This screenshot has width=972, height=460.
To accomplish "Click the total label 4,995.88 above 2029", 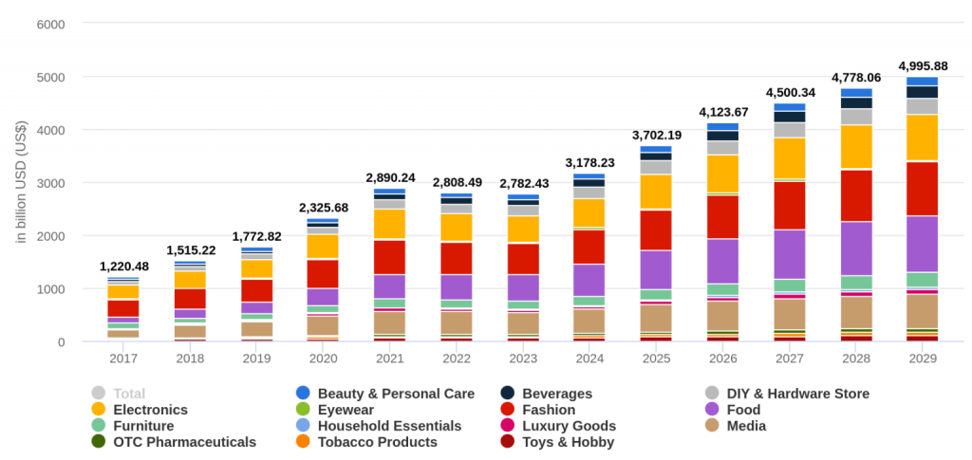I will [923, 64].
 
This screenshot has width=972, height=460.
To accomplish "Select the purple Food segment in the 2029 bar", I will [923, 244].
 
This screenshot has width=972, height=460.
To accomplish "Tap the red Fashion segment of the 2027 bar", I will [789, 205].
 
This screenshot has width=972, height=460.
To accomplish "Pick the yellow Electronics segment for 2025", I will [655, 192].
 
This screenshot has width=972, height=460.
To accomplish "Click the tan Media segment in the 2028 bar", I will [856, 312].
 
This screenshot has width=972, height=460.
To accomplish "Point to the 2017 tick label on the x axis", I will [122, 359].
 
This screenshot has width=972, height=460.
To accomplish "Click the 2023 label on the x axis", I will [523, 359].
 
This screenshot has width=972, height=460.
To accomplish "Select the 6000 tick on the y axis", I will [48, 24].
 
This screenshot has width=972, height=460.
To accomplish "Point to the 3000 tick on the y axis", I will [48, 182].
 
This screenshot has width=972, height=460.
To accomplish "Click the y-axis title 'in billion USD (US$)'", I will [21, 182].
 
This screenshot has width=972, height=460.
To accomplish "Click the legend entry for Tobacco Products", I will [377, 442].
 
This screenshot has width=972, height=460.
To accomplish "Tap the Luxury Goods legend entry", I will [569, 426].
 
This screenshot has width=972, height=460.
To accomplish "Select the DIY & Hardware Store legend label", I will [797, 394].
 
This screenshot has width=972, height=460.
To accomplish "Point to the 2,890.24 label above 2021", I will [389, 177].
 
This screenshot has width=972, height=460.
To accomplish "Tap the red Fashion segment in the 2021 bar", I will [389, 257].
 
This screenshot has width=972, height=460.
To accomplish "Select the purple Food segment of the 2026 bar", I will [722, 261].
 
